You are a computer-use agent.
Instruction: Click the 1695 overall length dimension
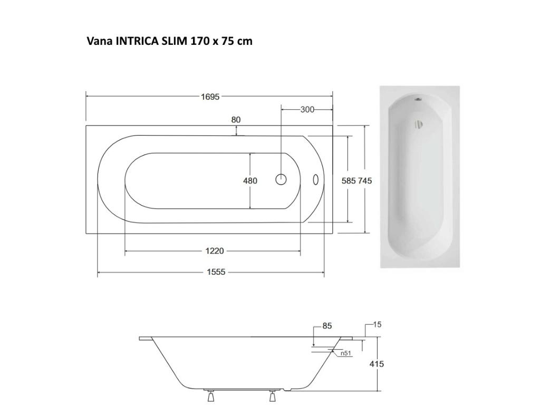(x=210, y=97)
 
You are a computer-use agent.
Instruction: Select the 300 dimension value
(x=307, y=110)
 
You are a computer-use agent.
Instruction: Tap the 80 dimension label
(x=236, y=120)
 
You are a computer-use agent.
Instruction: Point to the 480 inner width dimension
(x=250, y=181)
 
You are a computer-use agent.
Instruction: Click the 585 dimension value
(x=349, y=181)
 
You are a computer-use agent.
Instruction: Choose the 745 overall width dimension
(x=365, y=181)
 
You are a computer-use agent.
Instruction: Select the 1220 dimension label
(x=212, y=252)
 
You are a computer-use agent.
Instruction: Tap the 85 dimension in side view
(x=327, y=326)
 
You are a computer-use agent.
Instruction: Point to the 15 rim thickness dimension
(x=377, y=325)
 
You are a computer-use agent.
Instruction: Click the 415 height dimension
(x=377, y=364)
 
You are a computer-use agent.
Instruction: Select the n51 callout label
(x=346, y=353)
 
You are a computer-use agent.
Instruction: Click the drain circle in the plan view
(x=281, y=180)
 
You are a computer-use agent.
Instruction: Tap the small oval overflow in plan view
(x=316, y=180)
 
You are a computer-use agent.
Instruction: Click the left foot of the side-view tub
(x=210, y=396)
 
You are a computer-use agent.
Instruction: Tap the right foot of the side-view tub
(x=273, y=396)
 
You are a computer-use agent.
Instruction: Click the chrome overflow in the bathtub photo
(x=418, y=125)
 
